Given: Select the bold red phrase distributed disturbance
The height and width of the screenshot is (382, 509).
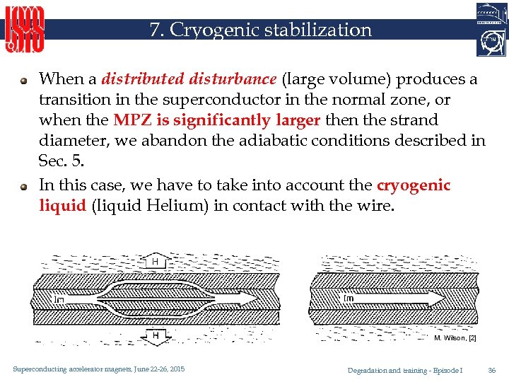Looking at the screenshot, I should [189, 79].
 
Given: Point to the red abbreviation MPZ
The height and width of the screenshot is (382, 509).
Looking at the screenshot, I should [129, 120].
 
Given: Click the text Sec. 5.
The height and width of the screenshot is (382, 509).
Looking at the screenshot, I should [61, 161].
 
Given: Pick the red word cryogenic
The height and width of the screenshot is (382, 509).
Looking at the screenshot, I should [414, 185].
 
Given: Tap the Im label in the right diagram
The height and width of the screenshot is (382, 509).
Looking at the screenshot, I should [349, 299].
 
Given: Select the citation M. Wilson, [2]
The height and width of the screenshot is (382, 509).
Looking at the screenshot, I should [455, 338].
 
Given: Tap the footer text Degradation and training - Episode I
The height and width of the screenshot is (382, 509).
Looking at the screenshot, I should [405, 370].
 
